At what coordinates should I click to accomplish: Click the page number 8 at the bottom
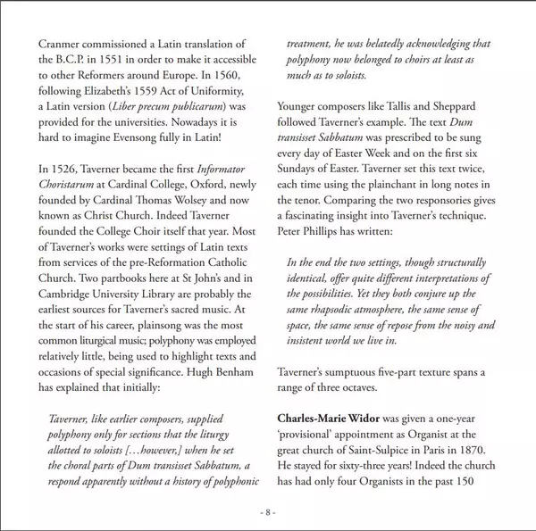coord(268,514)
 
